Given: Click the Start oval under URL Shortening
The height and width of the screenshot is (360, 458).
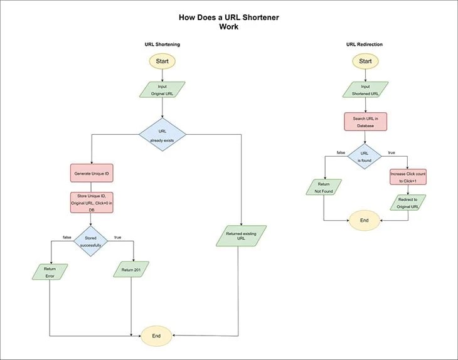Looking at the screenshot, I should pyautogui.click(x=162, y=61).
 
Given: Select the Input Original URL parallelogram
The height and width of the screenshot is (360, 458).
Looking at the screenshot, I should pyautogui.click(x=162, y=90).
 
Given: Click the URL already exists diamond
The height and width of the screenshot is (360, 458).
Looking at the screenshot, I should pyautogui.click(x=162, y=135).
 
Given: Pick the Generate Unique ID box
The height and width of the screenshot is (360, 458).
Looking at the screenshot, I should pyautogui.click(x=92, y=172).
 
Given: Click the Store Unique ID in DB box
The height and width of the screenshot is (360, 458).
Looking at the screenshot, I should pyautogui.click(x=92, y=203).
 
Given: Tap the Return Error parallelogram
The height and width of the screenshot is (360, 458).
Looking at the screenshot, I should pyautogui.click(x=50, y=272).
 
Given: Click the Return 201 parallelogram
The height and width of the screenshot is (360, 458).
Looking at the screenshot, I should pyautogui.click(x=130, y=270).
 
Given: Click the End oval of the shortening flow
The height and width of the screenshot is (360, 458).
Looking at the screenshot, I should pyautogui.click(x=156, y=336).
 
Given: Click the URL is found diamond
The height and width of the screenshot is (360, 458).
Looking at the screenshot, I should pyautogui.click(x=365, y=156).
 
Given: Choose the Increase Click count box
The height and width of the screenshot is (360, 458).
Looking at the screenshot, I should pyautogui.click(x=408, y=177).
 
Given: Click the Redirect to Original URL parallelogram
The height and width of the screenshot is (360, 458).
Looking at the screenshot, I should pyautogui.click(x=408, y=203).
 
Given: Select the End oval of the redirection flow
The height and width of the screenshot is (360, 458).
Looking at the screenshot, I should pyautogui.click(x=365, y=220).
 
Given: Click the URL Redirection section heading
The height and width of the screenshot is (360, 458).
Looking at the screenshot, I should pyautogui.click(x=365, y=45).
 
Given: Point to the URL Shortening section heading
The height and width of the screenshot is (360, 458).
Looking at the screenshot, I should pyautogui.click(x=162, y=45).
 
